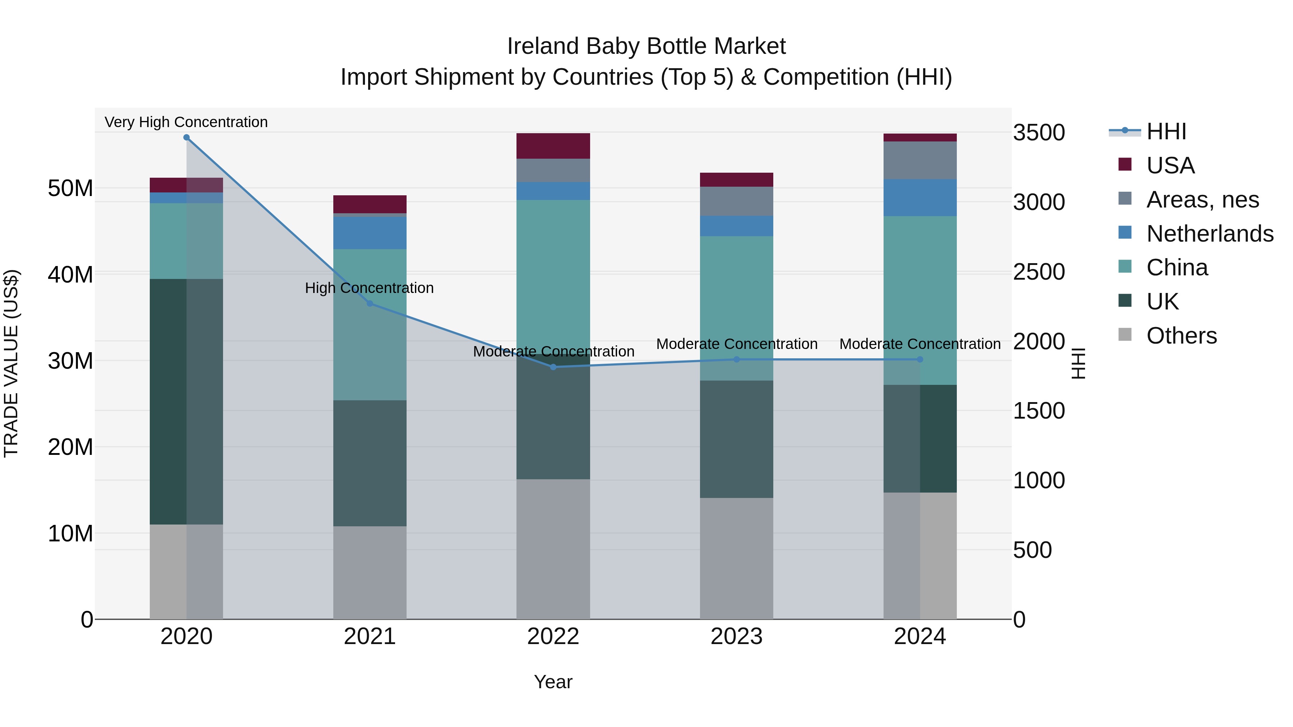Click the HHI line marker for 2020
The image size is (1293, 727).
(186, 138)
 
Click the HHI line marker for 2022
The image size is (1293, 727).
(553, 367)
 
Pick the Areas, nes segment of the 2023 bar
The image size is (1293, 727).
(736, 201)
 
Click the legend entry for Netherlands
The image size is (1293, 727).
(1210, 234)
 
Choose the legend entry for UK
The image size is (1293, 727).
(1163, 302)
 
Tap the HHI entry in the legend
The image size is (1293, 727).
(1165, 131)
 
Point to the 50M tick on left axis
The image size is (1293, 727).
(70, 188)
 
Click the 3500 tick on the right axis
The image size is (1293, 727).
(1038, 133)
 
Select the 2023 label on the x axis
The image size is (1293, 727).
(736, 637)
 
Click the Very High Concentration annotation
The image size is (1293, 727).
(186, 122)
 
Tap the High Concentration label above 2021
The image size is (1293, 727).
(370, 288)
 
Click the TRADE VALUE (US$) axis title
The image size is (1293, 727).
(11, 363)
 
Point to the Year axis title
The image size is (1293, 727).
(553, 682)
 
